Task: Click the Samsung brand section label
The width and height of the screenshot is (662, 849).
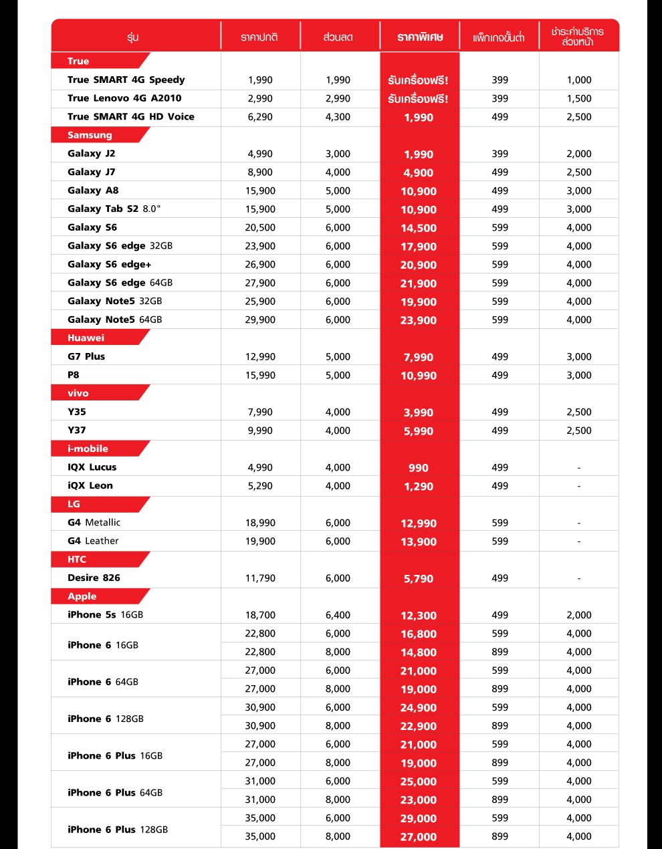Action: point(90,135)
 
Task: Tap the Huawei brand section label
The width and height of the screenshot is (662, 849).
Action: point(86,338)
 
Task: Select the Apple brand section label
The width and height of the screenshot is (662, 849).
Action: point(82,596)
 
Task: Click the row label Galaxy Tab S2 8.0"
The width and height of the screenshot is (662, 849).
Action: point(114,209)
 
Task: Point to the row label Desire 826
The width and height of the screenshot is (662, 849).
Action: point(94,578)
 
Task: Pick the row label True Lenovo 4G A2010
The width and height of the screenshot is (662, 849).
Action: point(124,98)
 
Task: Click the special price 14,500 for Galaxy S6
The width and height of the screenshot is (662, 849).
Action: point(419,228)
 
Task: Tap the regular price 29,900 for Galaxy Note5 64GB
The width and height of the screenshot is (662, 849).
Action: point(260,320)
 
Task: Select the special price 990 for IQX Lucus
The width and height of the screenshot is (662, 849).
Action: point(419,468)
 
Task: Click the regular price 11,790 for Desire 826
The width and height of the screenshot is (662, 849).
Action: point(260,578)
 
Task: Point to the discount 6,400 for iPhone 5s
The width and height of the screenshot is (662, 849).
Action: point(338,615)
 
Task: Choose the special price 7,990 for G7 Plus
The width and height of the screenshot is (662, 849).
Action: point(419,358)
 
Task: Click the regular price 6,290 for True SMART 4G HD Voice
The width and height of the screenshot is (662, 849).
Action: point(260,117)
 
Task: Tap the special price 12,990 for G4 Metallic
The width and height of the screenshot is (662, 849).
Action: point(419,523)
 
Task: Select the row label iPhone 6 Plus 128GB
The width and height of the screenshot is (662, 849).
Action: point(118,830)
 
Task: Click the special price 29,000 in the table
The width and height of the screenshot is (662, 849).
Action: point(419,818)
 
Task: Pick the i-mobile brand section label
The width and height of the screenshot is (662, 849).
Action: point(88,449)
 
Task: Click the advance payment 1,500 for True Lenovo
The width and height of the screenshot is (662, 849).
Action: point(579,98)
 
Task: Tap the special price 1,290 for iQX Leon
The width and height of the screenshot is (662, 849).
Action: point(419,487)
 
